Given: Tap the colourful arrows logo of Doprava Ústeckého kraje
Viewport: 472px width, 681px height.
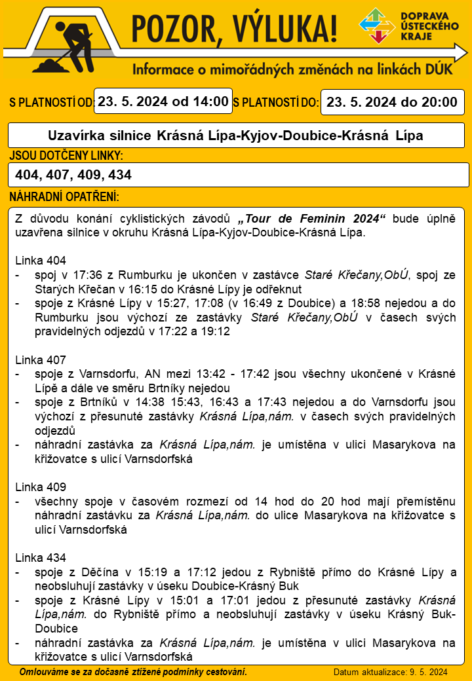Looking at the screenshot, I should (377, 26).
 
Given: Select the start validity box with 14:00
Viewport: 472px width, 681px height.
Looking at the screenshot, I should (163, 101).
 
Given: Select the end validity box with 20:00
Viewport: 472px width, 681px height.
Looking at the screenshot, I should (392, 102).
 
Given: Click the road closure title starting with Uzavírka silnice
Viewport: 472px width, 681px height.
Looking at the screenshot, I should (236, 136).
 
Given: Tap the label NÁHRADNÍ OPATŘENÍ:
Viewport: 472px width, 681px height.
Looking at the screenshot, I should (64, 196).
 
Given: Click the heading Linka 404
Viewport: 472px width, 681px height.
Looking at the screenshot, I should (40, 259).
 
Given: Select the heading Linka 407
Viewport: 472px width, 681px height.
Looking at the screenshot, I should (40, 359).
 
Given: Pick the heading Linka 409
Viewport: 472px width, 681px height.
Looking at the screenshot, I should (40, 487).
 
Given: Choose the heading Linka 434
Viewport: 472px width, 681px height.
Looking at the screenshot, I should (40, 558).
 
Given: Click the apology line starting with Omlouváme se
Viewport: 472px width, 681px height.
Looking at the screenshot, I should (134, 672).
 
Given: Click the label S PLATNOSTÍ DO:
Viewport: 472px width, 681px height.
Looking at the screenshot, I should (276, 103).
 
